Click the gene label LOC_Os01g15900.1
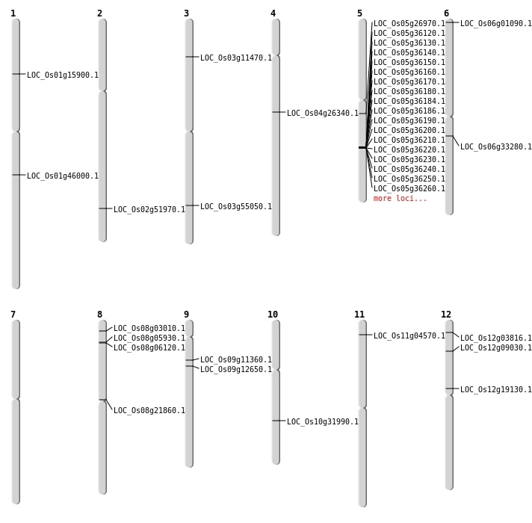click(x=63, y=75)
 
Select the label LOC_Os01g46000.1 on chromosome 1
click(x=63, y=176)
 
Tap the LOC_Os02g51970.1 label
click(x=149, y=209)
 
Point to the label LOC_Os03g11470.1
click(x=236, y=58)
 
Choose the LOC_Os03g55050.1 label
click(x=236, y=206)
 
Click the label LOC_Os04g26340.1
click(x=323, y=113)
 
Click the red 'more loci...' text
click(x=400, y=198)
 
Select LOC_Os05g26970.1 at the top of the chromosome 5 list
click(x=409, y=23)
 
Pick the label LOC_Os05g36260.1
click(x=409, y=188)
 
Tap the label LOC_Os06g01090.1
click(x=496, y=23)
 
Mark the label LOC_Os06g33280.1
click(x=496, y=146)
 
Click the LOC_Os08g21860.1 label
click(x=149, y=410)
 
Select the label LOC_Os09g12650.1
click(x=236, y=369)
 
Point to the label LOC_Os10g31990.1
click(x=323, y=421)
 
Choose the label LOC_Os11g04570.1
click(x=409, y=335)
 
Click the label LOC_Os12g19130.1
click(x=496, y=389)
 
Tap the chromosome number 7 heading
click(x=13, y=315)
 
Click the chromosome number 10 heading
click(x=273, y=315)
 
